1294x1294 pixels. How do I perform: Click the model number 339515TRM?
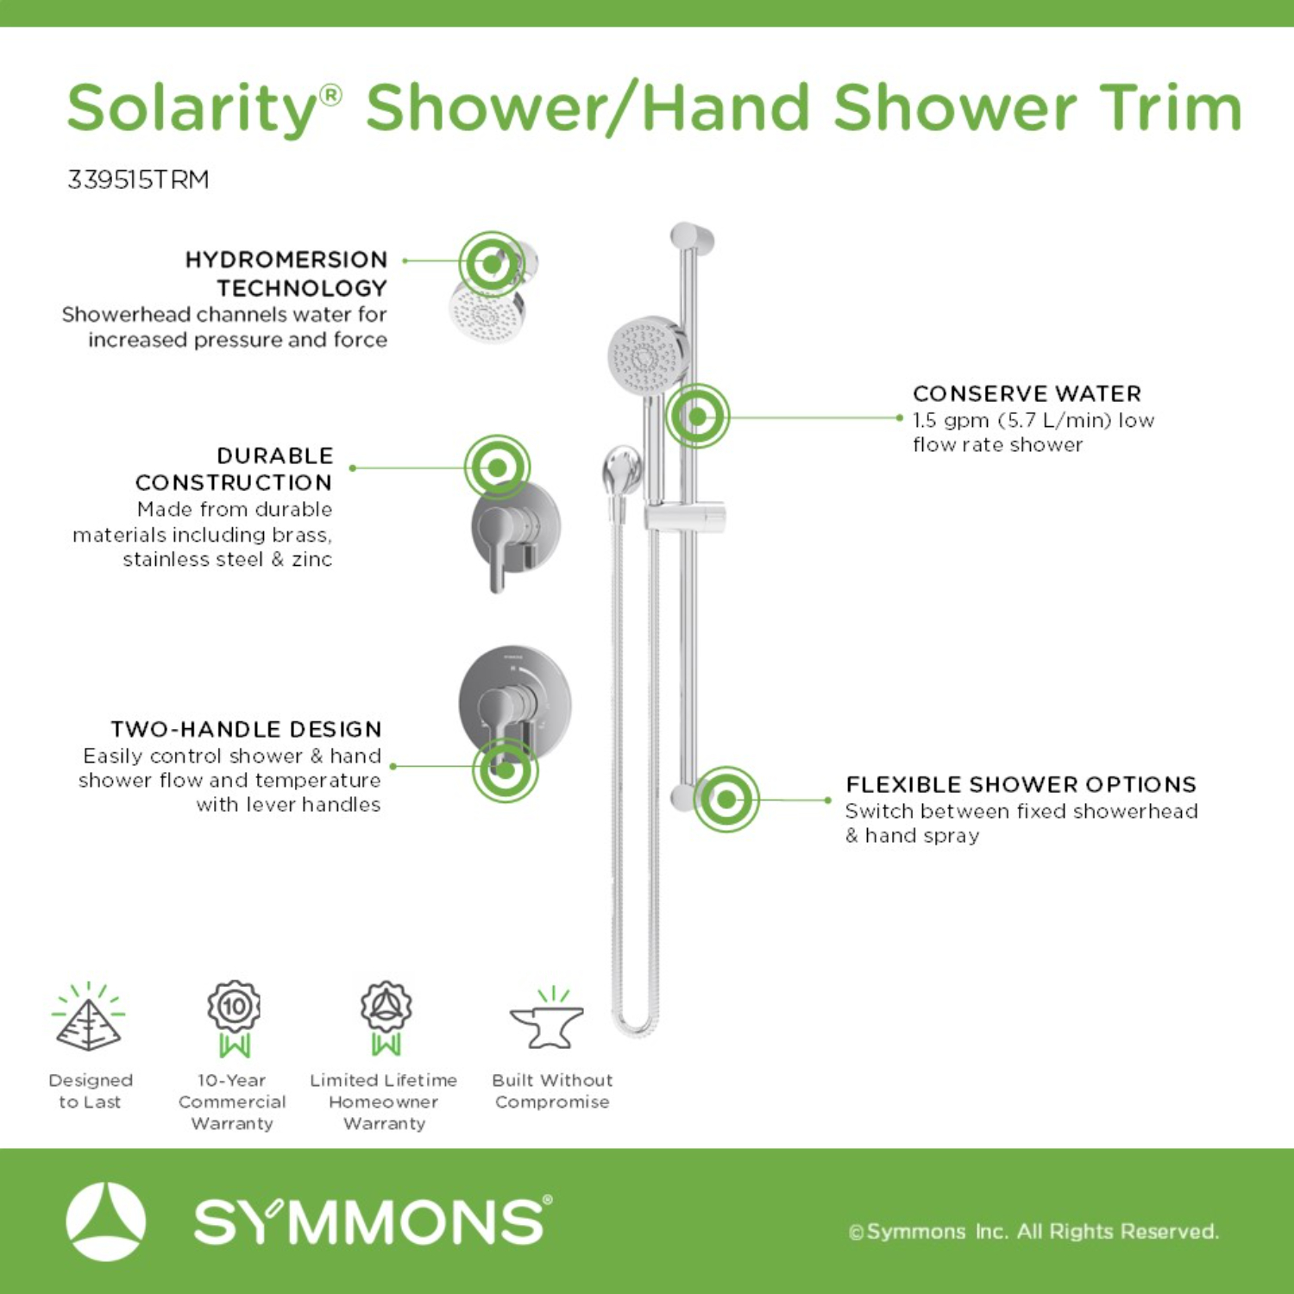point(138,179)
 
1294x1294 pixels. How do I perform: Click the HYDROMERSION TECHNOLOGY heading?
point(286,273)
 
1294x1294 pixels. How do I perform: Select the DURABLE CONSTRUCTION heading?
point(234,468)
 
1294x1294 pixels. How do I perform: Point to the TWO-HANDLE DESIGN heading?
point(246,729)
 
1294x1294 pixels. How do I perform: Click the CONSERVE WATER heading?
point(1027,393)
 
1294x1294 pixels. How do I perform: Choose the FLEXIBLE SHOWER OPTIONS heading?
point(1021,784)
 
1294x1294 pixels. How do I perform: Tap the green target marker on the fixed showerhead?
point(492,263)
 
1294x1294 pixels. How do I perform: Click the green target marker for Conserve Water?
point(697,417)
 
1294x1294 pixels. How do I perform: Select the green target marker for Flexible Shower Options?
point(726,799)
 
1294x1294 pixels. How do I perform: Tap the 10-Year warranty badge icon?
point(234,1019)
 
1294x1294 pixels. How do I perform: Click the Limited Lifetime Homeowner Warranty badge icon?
point(386,1019)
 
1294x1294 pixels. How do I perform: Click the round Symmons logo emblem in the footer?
point(106,1222)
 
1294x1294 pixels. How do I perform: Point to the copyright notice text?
point(1033,1231)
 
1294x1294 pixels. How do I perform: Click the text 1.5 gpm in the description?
point(951,420)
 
